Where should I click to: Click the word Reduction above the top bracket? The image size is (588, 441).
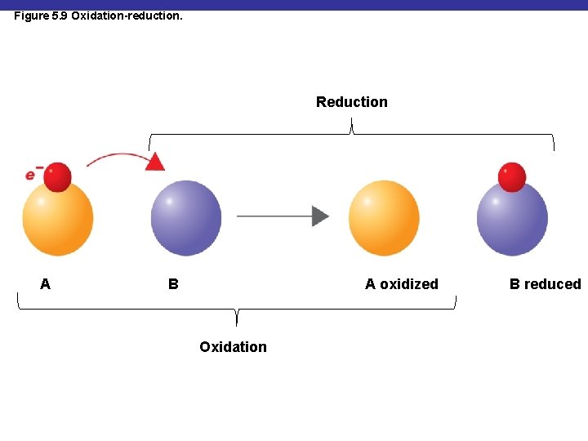tap(351, 102)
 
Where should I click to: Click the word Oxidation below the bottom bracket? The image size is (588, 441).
tap(233, 347)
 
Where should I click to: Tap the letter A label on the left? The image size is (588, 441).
tap(45, 284)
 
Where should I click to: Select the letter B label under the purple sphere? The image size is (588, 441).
tap(173, 284)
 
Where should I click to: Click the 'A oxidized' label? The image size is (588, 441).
tap(401, 284)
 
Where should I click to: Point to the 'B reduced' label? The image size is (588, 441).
tap(545, 284)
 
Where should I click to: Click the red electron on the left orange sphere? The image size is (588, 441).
tap(57, 176)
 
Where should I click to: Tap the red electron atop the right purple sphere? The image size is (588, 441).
tap(512, 176)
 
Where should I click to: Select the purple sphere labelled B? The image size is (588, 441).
tap(186, 218)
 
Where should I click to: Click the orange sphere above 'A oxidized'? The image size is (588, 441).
tap(384, 218)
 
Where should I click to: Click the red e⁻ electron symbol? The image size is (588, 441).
tap(33, 173)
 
